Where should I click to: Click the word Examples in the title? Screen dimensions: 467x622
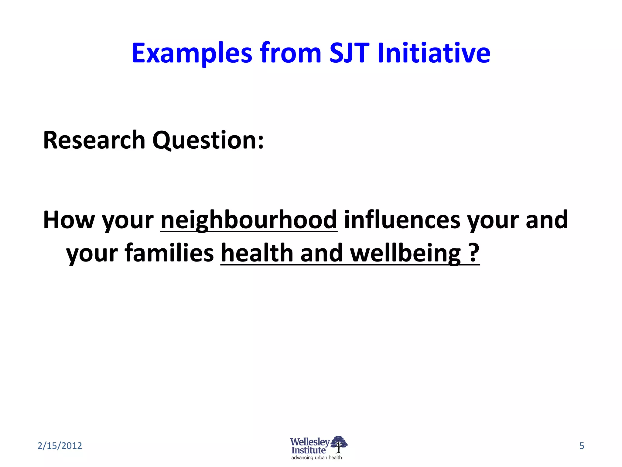coord(192,54)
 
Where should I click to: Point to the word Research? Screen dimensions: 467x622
coord(94,140)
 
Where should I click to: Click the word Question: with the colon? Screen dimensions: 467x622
coord(208,141)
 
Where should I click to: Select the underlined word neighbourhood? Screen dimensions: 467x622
coord(249,220)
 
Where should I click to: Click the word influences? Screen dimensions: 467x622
coord(402,220)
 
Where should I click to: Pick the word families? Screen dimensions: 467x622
coord(169,253)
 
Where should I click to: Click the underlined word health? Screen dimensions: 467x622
coord(257,253)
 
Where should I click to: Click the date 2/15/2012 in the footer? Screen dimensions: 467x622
coord(60,446)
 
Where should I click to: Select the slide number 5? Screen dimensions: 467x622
coord(582,446)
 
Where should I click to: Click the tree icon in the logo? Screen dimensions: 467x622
coord(339,444)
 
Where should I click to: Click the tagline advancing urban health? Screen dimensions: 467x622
coord(316,458)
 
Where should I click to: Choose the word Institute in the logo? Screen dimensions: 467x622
coord(308,450)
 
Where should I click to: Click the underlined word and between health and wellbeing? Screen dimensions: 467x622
coord(322,253)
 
